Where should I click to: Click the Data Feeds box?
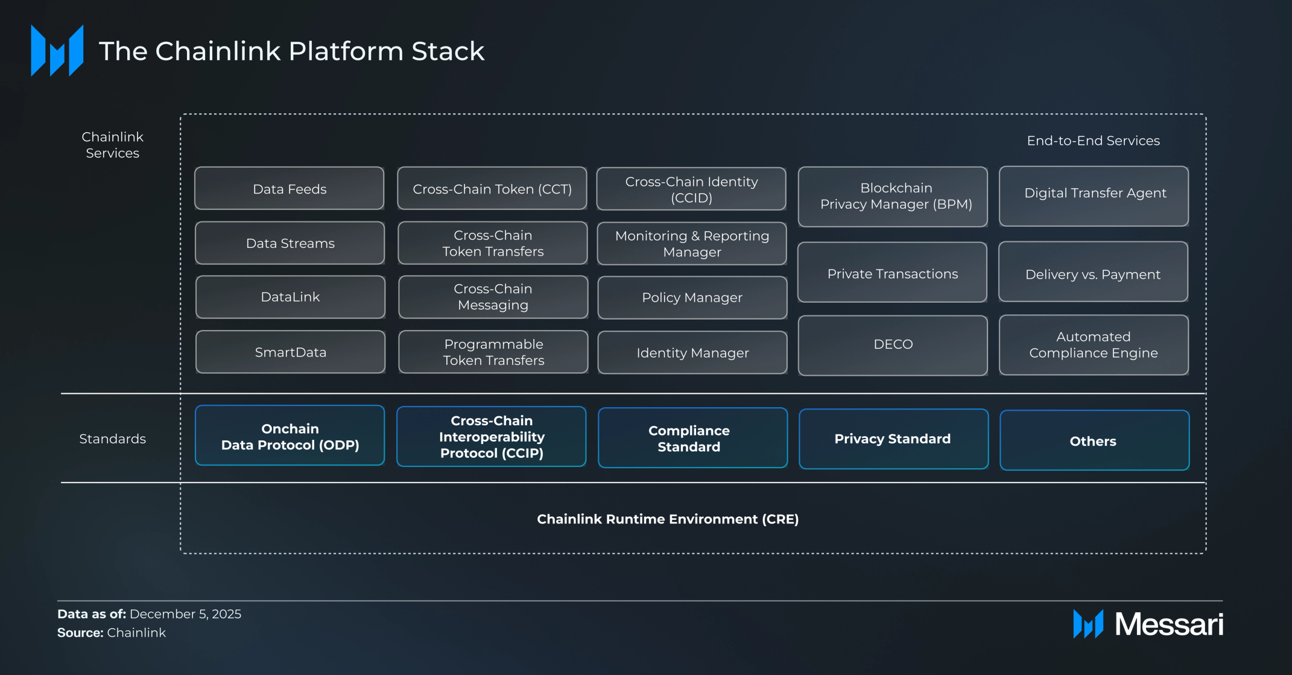click(x=290, y=189)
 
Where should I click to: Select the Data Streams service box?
click(x=290, y=243)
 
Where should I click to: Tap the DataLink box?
click(x=290, y=297)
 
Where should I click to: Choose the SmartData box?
click(x=290, y=352)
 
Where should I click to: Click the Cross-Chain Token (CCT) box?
click(x=492, y=189)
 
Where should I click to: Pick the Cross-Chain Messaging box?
click(x=493, y=297)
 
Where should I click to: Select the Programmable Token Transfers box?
click(x=493, y=352)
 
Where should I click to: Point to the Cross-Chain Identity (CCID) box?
click(x=691, y=189)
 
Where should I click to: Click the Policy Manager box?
click(x=692, y=297)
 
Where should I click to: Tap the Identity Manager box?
click(x=692, y=353)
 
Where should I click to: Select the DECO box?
click(x=893, y=345)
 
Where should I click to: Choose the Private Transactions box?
click(x=892, y=273)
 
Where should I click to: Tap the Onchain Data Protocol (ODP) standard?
click(x=290, y=436)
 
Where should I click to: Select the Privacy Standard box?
click(x=893, y=439)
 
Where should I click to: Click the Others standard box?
click(x=1094, y=441)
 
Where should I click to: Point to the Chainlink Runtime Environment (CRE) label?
click(x=668, y=519)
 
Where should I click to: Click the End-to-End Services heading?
click(x=1093, y=141)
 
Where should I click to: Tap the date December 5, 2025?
click(x=185, y=614)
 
